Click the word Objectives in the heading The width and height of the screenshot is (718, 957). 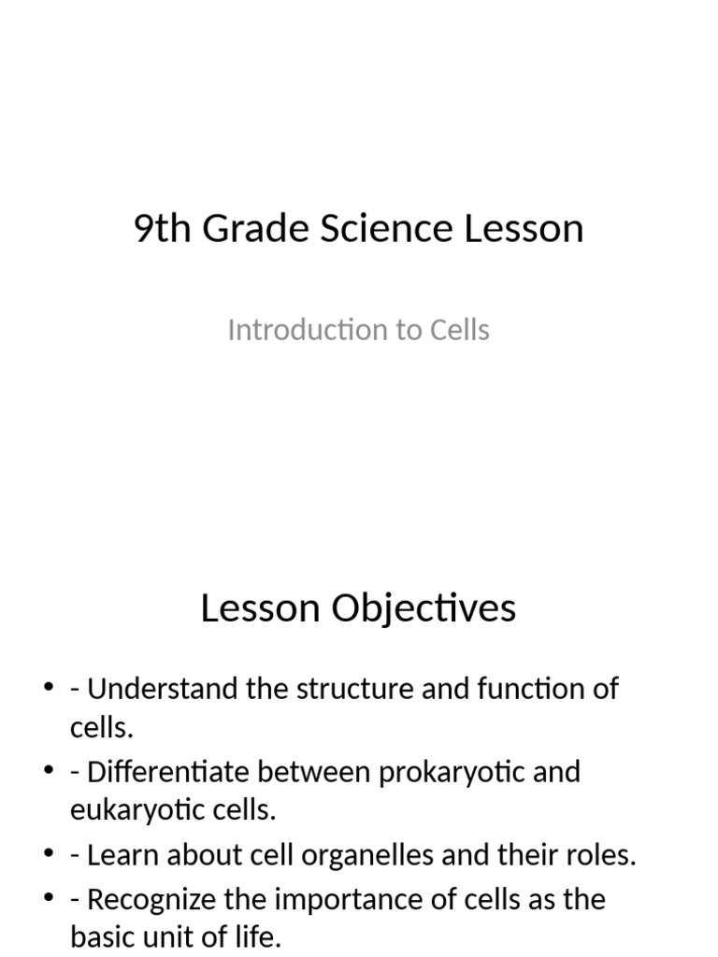click(x=424, y=608)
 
